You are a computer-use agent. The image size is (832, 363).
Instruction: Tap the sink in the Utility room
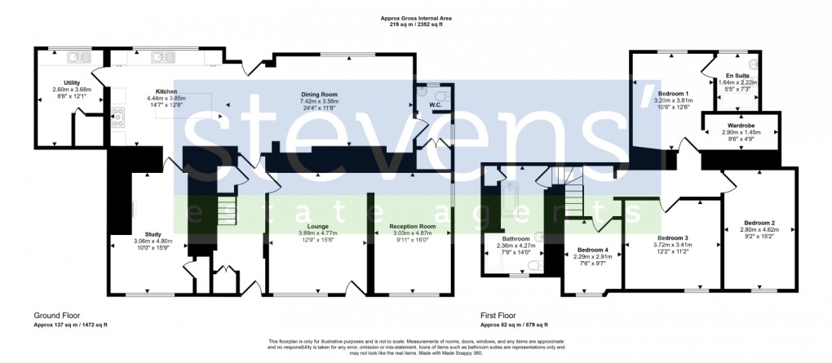[x=78, y=56]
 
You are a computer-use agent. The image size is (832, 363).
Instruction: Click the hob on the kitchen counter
[x=117, y=117]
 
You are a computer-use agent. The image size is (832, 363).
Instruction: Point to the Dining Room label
[x=319, y=95]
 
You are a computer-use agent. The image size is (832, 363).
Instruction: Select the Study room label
[x=153, y=234]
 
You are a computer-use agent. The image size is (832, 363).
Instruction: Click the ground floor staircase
[x=225, y=203]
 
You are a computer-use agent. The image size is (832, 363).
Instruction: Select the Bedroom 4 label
[x=592, y=250]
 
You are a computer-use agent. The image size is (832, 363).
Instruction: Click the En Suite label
[x=738, y=76]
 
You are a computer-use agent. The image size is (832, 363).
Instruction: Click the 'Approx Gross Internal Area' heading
[x=416, y=17]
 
